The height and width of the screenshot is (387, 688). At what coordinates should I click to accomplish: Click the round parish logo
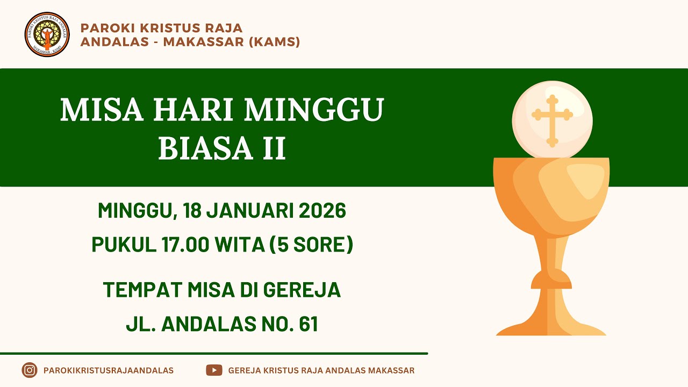pos(47,34)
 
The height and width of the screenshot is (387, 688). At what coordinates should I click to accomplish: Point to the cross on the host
pos(552,120)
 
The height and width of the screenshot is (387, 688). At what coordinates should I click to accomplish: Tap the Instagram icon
pos(30,370)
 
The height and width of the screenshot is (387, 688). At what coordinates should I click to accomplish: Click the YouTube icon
pos(214,370)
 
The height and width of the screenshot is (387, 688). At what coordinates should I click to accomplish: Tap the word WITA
pos(240,245)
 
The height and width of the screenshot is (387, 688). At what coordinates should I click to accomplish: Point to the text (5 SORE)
pos(311,245)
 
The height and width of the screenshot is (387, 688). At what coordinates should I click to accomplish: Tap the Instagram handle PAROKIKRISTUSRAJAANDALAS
pos(108,370)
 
